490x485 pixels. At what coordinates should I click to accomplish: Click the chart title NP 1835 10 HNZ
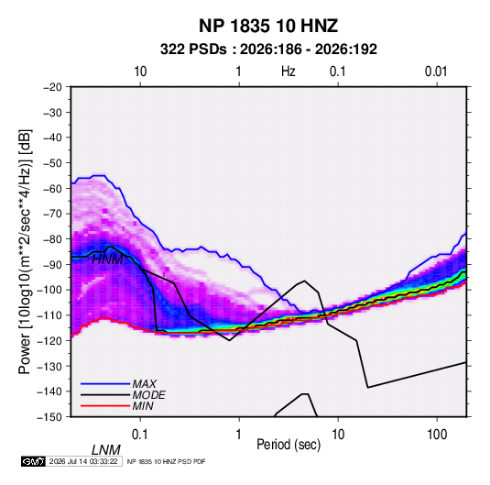[x=268, y=26]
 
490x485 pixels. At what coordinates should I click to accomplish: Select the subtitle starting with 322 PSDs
[x=268, y=50]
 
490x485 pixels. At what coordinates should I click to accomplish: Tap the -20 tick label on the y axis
[x=52, y=87]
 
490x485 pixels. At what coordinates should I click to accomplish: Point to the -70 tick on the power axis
[x=52, y=214]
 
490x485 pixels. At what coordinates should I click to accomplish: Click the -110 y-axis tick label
[x=49, y=315]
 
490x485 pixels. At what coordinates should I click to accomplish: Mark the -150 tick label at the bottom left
[x=49, y=417]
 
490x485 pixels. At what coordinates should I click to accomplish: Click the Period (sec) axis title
[x=289, y=445]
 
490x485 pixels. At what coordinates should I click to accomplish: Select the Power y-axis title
[x=25, y=252]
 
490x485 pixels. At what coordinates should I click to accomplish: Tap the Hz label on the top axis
[x=289, y=72]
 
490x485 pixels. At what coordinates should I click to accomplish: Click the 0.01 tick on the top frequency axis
[x=436, y=72]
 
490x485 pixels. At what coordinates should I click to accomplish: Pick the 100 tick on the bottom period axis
[x=437, y=435]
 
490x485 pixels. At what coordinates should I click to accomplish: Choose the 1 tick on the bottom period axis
[x=239, y=435]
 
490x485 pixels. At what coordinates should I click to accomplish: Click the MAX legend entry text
[x=145, y=384]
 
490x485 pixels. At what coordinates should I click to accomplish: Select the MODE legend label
[x=148, y=395]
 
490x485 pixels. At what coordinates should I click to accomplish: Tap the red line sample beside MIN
[x=105, y=406]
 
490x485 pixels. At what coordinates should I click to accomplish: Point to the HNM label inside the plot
[x=107, y=259]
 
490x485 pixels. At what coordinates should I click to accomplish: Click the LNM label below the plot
[x=105, y=450]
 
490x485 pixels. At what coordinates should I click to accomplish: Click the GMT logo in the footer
[x=34, y=461]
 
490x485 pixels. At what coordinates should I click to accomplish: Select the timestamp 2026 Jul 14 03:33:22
[x=83, y=461]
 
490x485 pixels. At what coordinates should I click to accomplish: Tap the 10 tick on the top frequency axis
[x=140, y=72]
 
